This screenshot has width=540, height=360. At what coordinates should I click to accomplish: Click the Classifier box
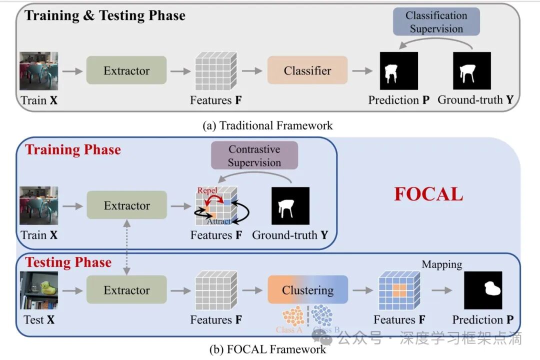tap(307, 70)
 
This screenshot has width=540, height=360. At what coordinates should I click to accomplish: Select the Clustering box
tap(307, 290)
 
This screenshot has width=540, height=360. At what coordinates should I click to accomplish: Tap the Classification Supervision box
tap(436, 22)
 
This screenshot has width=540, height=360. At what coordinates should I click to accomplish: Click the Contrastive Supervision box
tap(254, 155)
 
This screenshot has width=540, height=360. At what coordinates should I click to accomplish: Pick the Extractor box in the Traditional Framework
tap(126, 70)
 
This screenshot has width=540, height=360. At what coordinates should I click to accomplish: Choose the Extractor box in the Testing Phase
tap(126, 290)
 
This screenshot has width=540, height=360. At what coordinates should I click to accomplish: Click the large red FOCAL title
tap(428, 194)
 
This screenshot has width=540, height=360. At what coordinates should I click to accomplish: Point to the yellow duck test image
tap(39, 290)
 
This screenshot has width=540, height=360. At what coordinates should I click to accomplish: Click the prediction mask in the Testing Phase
tap(483, 290)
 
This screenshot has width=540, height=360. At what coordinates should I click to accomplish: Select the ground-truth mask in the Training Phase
tap(290, 205)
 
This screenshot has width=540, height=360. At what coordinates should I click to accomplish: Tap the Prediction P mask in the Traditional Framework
tap(398, 70)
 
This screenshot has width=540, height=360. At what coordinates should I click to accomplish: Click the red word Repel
tap(207, 190)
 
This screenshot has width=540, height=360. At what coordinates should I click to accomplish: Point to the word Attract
tap(219, 221)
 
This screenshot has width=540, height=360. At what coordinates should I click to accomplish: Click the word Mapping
tap(442, 264)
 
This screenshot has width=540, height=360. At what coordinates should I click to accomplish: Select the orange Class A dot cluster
tap(293, 316)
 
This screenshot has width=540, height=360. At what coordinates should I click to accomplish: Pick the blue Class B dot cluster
tap(321, 315)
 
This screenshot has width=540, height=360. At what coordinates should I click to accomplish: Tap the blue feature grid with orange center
tap(399, 290)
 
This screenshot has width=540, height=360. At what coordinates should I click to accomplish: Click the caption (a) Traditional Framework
tap(267, 125)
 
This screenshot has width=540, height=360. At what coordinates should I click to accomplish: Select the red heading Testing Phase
tap(68, 262)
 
